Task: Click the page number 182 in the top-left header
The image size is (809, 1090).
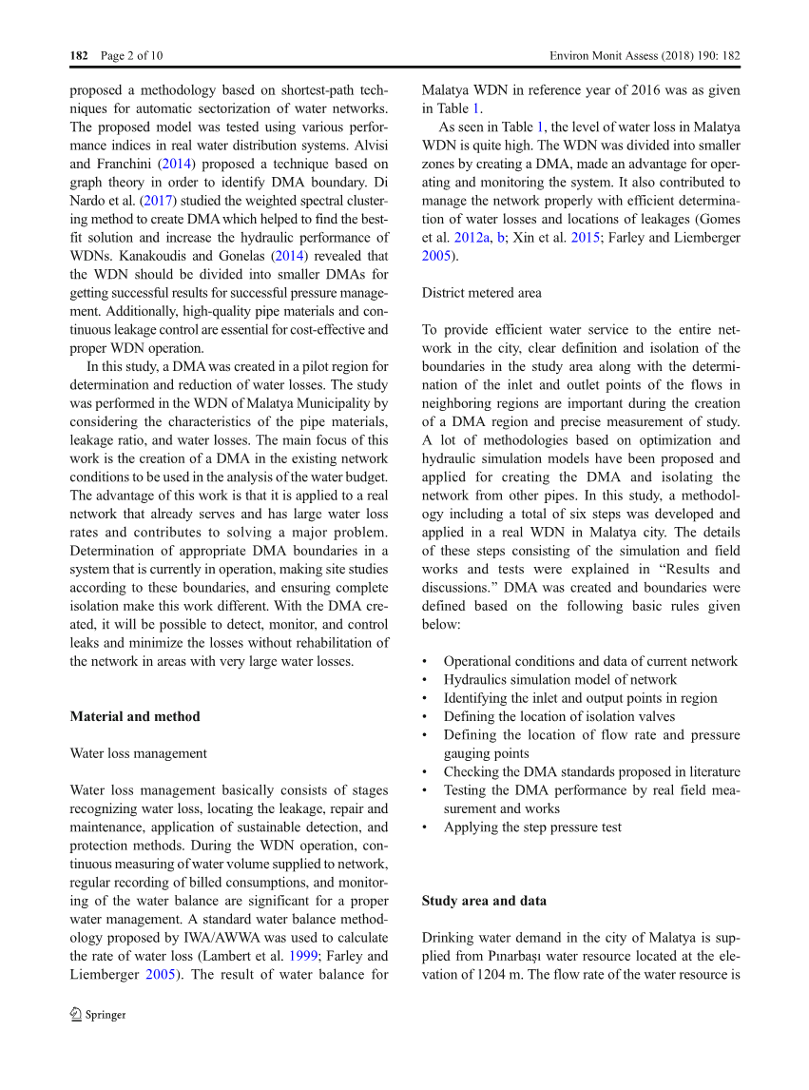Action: click(x=79, y=56)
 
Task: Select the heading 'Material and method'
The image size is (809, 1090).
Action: click(x=135, y=716)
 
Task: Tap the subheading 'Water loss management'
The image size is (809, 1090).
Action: click(x=138, y=753)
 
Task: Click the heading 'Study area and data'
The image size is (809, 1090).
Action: click(x=484, y=901)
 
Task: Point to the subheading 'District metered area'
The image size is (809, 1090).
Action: click(x=481, y=293)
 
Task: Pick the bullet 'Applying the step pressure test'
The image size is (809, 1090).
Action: click(x=532, y=827)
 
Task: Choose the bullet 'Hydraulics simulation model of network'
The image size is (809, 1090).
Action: click(x=560, y=679)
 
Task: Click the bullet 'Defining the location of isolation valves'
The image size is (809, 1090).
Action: click(x=559, y=716)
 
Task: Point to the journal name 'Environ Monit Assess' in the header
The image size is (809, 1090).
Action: click(x=606, y=56)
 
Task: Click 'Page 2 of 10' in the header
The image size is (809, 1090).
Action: click(x=131, y=56)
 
